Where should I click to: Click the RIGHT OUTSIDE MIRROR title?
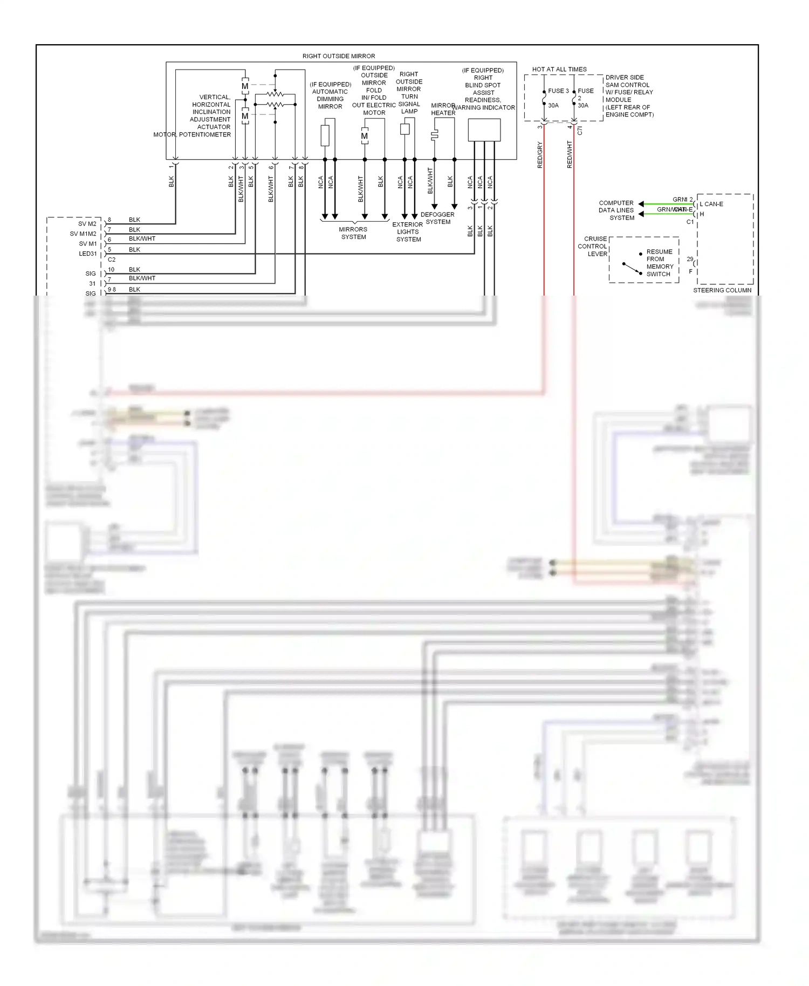[338, 56]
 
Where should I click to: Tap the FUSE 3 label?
[558, 91]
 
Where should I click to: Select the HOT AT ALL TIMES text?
[559, 70]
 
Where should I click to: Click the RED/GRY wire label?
[540, 155]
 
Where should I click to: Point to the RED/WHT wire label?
[570, 155]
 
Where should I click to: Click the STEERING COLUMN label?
[722, 290]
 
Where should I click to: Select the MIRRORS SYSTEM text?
[353, 233]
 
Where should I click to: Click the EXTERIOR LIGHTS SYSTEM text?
[408, 232]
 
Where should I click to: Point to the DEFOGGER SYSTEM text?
[437, 218]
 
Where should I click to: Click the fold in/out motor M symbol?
[365, 136]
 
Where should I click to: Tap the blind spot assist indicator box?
[484, 130]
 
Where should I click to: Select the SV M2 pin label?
[87, 224]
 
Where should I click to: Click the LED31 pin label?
[88, 254]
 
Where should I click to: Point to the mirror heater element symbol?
[434, 135]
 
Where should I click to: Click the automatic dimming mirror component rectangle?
[325, 135]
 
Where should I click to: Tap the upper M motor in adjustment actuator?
[245, 86]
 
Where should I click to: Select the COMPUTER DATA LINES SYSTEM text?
[616, 210]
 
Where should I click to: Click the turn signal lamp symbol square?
[405, 129]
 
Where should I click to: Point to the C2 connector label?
[112, 259]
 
